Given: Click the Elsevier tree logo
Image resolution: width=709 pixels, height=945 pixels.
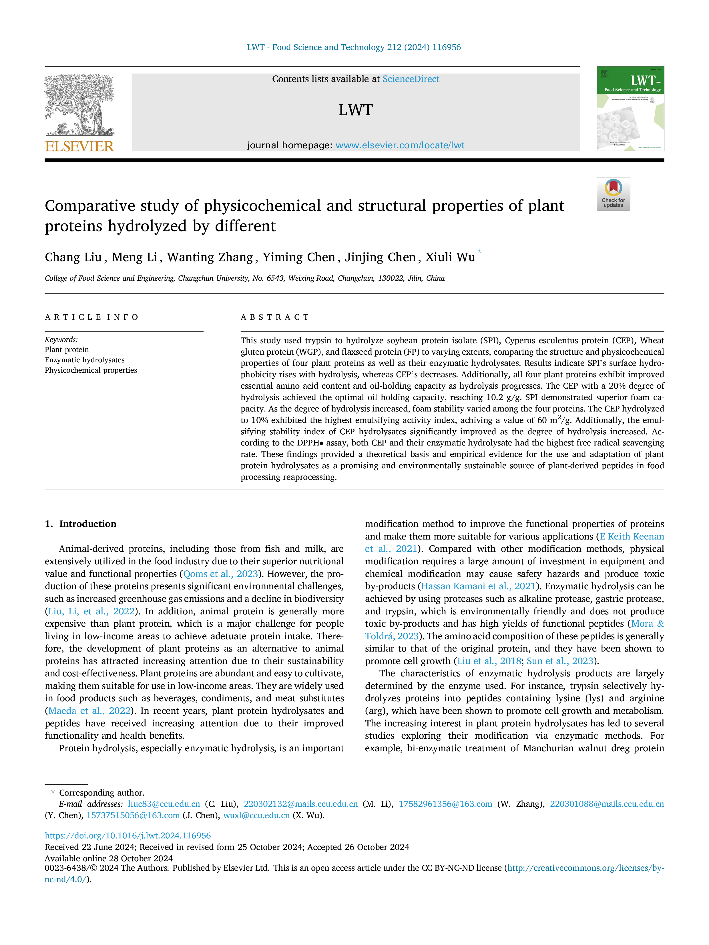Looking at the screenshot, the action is (x=79, y=105).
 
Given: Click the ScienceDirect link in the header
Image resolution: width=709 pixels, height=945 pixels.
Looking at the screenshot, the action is (x=411, y=79).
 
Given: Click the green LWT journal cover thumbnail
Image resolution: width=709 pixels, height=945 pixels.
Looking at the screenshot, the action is (x=630, y=109).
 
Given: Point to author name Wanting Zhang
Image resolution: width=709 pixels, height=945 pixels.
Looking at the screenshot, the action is (x=210, y=257).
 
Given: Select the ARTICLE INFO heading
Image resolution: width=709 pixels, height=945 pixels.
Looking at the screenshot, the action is (x=91, y=317).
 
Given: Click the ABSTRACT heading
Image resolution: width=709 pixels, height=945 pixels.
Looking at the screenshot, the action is (x=275, y=317).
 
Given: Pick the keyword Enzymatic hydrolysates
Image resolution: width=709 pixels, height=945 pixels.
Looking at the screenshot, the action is (x=85, y=360).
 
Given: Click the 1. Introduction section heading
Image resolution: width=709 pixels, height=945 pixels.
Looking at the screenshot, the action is (x=81, y=524).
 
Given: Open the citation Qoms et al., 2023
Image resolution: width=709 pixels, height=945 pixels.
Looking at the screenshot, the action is (x=220, y=574).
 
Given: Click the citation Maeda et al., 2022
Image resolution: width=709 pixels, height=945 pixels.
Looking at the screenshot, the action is (x=89, y=711).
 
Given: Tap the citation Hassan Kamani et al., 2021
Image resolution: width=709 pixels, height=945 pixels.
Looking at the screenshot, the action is (x=479, y=586).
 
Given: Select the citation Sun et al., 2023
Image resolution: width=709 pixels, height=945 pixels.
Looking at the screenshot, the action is (x=560, y=661).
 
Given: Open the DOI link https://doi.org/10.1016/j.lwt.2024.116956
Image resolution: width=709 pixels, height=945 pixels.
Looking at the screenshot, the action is (x=128, y=836).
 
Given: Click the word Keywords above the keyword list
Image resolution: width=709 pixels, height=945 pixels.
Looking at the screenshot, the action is (x=61, y=340).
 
